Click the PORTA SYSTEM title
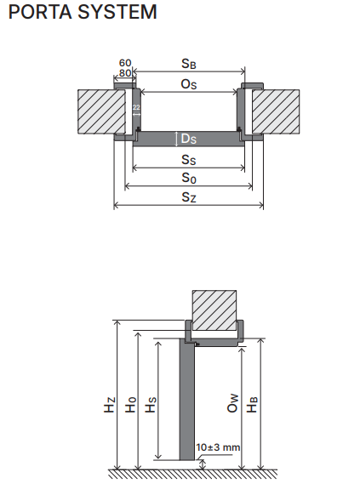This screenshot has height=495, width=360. [83, 12]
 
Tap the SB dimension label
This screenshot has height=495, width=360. [189, 64]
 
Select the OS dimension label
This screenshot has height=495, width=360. [189, 84]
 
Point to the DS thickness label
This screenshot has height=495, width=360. [189, 139]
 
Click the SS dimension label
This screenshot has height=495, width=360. [189, 159]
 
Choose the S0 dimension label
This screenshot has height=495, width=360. [189, 178]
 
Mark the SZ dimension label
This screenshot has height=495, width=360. [189, 197]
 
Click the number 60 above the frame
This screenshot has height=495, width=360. [125, 63]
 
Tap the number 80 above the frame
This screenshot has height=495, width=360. [125, 73]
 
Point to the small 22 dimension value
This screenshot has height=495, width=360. [136, 108]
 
